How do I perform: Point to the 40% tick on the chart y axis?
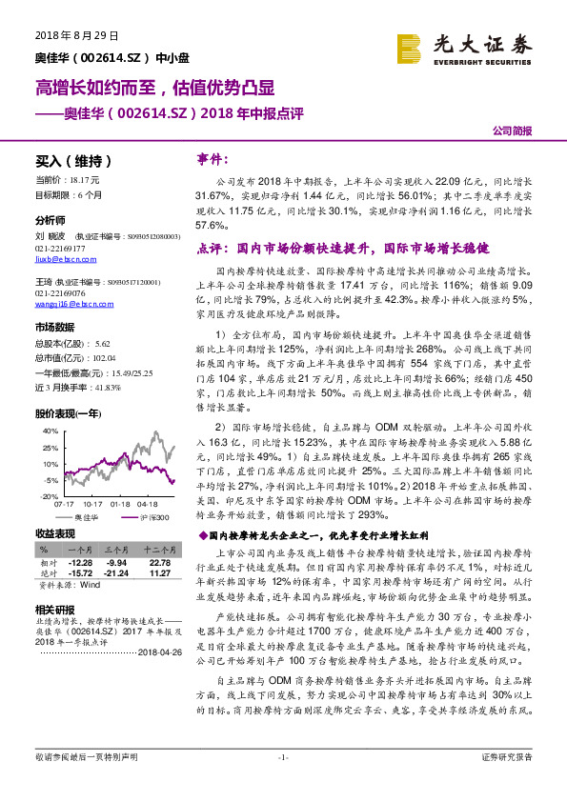(48, 431)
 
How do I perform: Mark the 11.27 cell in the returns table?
(159, 572)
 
